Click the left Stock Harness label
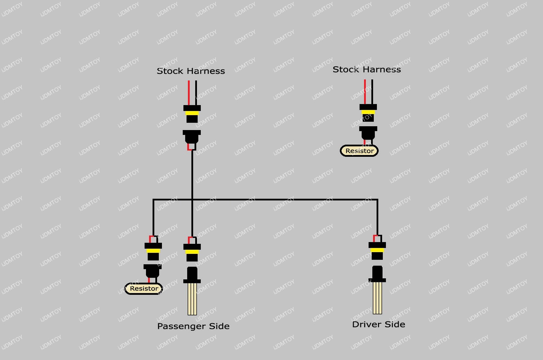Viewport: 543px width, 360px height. [x=191, y=71]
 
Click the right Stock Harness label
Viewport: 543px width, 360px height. [x=367, y=69]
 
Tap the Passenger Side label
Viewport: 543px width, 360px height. [x=193, y=326]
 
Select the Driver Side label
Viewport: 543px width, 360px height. [x=378, y=324]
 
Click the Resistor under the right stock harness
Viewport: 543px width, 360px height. [x=359, y=151]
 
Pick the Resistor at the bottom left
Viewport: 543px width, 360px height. [x=144, y=289]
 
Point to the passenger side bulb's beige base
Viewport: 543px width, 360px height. [x=192, y=299]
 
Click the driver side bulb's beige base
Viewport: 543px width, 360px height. [x=377, y=298]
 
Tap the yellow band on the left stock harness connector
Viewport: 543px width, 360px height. [x=192, y=113]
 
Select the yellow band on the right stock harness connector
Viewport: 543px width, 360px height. [x=368, y=112]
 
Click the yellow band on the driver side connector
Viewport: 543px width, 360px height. [x=377, y=250]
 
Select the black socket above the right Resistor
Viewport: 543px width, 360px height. [x=368, y=133]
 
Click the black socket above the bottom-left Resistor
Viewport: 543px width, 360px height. [x=153, y=271]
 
